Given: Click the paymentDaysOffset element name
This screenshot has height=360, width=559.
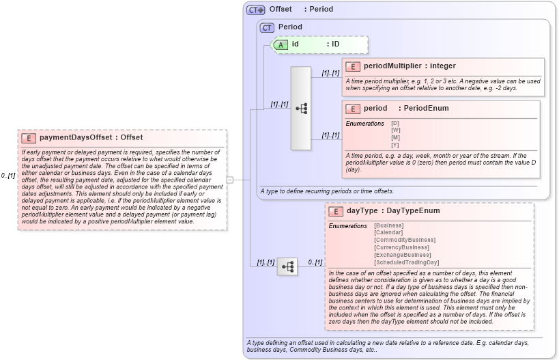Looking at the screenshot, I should (75, 137).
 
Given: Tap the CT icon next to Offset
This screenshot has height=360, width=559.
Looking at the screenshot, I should (256, 10).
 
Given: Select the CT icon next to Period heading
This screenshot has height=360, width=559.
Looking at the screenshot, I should (267, 27).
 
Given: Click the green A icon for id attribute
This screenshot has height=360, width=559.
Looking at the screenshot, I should (281, 44).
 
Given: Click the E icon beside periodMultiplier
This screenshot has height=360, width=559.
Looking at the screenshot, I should (353, 66).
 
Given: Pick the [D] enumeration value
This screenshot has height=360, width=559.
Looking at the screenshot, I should (395, 123).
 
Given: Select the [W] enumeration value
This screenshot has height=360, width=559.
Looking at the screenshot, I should (395, 130).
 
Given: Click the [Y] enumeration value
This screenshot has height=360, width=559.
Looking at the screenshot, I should (395, 145).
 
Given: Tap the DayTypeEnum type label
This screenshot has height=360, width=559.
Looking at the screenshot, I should (410, 211).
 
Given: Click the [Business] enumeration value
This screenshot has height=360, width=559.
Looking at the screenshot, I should (389, 225).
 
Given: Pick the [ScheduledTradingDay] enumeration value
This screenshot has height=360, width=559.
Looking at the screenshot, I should (407, 262).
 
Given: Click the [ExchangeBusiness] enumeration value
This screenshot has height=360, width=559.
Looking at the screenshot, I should (402, 255).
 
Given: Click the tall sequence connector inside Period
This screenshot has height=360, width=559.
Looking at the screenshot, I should (300, 109).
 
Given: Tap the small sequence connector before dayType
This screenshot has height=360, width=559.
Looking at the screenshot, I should (287, 266).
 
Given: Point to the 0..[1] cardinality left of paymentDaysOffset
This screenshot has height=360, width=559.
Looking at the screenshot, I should (8, 176).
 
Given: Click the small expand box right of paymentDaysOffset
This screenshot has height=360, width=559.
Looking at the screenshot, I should (230, 180).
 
